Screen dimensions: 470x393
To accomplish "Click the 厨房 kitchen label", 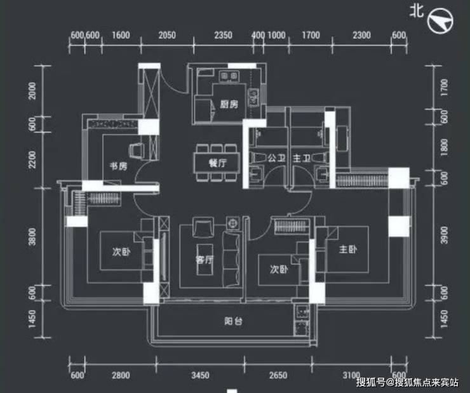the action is click(x=229, y=104).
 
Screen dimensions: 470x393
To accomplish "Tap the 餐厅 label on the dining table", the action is click(x=218, y=163).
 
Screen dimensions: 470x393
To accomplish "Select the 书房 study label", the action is click(x=118, y=166).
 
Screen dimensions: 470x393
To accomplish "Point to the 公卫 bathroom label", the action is click(x=276, y=158).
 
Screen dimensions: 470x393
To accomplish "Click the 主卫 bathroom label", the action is click(x=302, y=158).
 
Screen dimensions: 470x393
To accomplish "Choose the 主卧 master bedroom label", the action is click(x=347, y=250).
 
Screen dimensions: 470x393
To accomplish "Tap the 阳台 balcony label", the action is click(x=234, y=321).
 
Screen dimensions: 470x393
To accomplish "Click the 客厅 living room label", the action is click(x=205, y=260).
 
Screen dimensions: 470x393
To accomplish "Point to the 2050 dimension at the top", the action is click(x=167, y=35).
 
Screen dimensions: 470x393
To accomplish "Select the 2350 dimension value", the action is click(x=224, y=35).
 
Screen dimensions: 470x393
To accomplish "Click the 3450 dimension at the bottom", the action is click(x=200, y=375).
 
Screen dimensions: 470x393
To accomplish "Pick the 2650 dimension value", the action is click(x=278, y=375).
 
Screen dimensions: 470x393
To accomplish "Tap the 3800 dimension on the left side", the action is click(x=32, y=237).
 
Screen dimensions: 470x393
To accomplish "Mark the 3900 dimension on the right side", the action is click(x=444, y=235).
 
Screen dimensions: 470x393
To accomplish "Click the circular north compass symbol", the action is click(x=440, y=20).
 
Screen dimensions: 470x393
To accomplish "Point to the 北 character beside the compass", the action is click(x=417, y=11).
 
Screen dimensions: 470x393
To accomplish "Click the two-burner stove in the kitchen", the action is click(x=229, y=76).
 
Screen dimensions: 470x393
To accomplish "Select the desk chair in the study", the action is click(x=137, y=149).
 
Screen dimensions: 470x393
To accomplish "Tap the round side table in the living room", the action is click(x=233, y=223).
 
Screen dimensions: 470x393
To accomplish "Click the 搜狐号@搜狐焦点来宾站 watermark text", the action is click(x=407, y=382).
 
